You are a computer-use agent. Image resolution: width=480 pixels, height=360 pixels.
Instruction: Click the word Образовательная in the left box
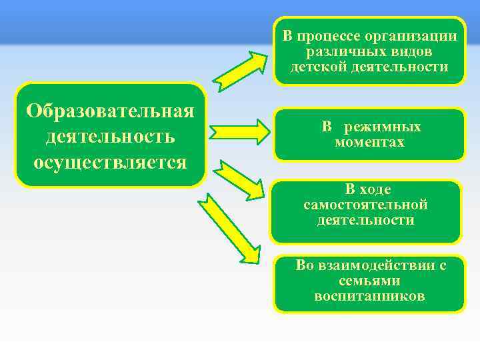(x=111, y=110)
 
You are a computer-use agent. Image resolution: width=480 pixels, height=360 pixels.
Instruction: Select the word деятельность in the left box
(x=111, y=137)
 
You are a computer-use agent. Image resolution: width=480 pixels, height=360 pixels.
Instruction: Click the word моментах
(x=369, y=142)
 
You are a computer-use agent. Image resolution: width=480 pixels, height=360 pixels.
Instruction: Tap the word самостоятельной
(x=365, y=205)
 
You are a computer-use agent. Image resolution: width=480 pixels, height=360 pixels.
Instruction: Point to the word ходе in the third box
(x=377, y=189)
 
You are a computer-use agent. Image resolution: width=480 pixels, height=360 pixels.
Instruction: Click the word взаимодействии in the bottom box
(x=376, y=265)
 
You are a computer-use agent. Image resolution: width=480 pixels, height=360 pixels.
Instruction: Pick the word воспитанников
(x=369, y=296)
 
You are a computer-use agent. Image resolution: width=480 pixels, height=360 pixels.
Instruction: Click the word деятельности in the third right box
(x=365, y=220)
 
